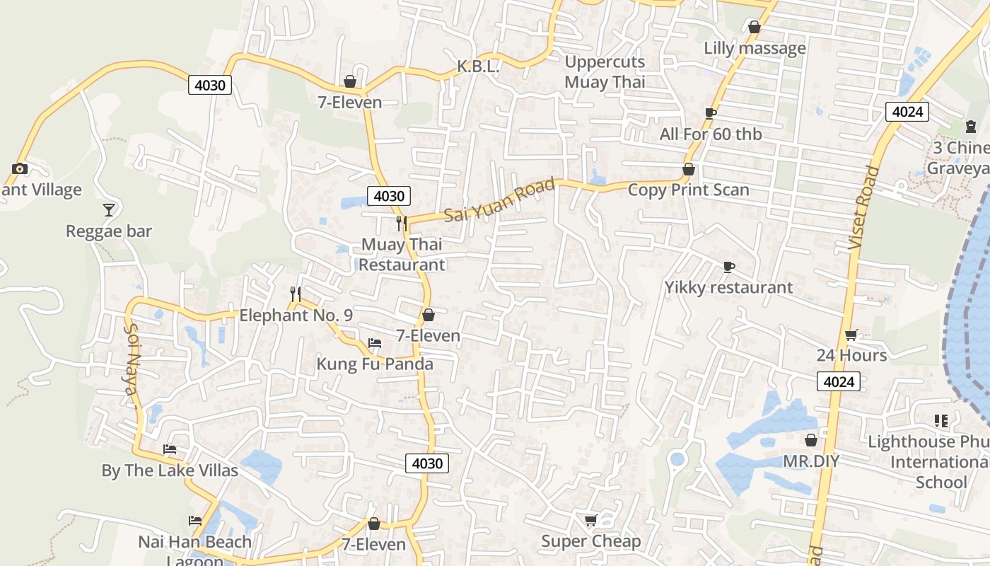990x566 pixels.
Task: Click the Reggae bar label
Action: [x=109, y=231]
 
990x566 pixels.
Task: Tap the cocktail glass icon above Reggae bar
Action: [x=108, y=209]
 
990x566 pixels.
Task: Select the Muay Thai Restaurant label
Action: [x=402, y=255]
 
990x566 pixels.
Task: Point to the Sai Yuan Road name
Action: [x=499, y=201]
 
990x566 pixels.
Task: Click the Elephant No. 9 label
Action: [x=296, y=316]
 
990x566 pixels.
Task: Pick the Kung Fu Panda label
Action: [x=374, y=364]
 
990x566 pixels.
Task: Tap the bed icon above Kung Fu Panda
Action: [x=375, y=343]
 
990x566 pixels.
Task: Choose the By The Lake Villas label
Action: [x=170, y=470]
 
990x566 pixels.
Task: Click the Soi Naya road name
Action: [x=132, y=365]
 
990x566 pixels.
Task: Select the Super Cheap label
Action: [x=590, y=541]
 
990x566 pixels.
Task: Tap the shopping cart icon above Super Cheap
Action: [x=590, y=521]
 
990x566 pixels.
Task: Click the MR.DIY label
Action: [x=811, y=461]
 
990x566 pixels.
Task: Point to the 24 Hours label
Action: [x=851, y=355]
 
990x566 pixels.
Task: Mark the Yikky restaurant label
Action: [x=728, y=287]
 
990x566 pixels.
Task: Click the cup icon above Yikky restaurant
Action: [x=729, y=267]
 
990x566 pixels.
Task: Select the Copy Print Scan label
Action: [x=688, y=190]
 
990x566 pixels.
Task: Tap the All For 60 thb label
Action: [x=711, y=134]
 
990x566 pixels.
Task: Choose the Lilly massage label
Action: [x=755, y=48]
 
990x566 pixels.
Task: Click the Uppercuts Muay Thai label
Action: [x=605, y=72]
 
